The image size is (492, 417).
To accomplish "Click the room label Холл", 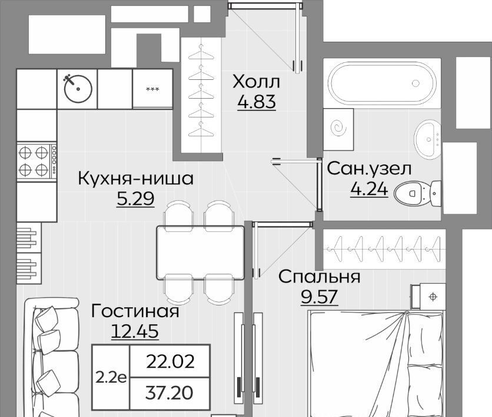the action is pyautogui.click(x=256, y=82).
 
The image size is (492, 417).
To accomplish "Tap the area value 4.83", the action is pyautogui.click(x=257, y=102).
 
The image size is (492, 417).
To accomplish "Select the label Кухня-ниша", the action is pyautogui.click(x=135, y=179).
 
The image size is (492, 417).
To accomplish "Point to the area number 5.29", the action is pyautogui.click(x=135, y=198).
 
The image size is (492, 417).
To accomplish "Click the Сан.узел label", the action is pyautogui.click(x=369, y=169).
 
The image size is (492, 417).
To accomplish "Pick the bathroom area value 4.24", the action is pyautogui.click(x=370, y=189).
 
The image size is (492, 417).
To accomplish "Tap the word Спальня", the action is pyautogui.click(x=320, y=277).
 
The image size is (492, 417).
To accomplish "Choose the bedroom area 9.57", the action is pyautogui.click(x=320, y=297).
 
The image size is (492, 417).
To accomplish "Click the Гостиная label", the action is pyautogui.click(x=135, y=311).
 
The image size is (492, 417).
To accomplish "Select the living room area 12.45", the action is pyautogui.click(x=135, y=331).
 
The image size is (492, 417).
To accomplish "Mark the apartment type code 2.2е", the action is pyautogui.click(x=111, y=378).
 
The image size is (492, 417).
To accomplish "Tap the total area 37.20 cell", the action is pyautogui.click(x=169, y=392).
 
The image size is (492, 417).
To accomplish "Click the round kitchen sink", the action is pyautogui.click(x=78, y=89).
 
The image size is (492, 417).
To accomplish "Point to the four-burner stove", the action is pyautogui.click(x=36, y=162).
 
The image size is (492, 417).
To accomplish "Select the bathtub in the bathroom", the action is pyautogui.click(x=382, y=83).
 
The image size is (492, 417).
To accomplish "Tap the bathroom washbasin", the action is pyautogui.click(x=428, y=139).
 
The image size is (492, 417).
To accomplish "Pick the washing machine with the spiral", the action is pyautogui.click(x=338, y=129).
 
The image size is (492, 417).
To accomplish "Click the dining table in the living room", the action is pyautogui.click(x=201, y=253).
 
